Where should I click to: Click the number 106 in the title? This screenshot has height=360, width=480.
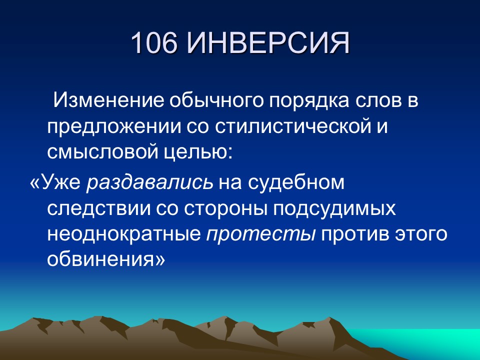(154, 44)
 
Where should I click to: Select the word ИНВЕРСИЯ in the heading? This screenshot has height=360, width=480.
(268, 44)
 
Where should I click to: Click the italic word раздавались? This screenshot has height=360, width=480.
(149, 182)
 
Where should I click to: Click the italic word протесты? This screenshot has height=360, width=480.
(260, 235)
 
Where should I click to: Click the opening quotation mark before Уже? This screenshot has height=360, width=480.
(35, 182)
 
